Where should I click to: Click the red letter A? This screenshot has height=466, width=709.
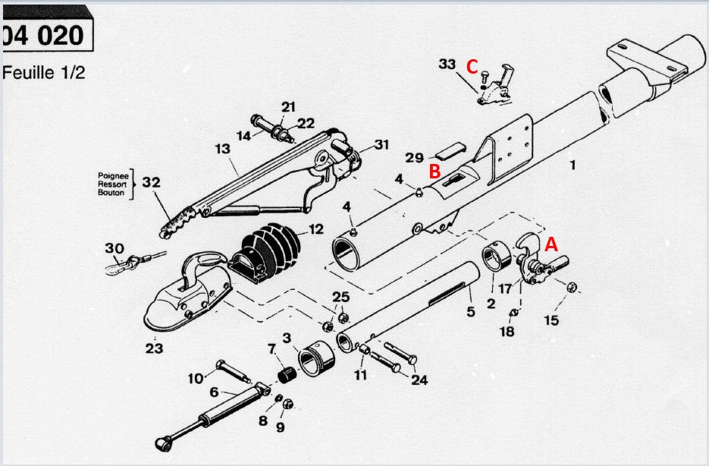(x=551, y=244)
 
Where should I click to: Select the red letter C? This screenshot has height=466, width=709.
(x=472, y=67)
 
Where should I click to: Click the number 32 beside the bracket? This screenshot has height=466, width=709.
(x=151, y=182)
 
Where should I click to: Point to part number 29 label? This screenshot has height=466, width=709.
(x=414, y=157)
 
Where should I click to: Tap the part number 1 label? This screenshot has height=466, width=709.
(x=573, y=164)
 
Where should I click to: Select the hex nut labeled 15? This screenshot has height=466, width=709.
(x=573, y=287)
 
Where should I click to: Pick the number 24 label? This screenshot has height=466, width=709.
(x=419, y=379)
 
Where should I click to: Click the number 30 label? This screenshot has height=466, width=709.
(x=115, y=248)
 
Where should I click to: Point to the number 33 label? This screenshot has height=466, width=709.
(x=447, y=65)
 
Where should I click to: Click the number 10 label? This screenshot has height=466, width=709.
(x=196, y=378)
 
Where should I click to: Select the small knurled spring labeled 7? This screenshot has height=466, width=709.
(x=287, y=375)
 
